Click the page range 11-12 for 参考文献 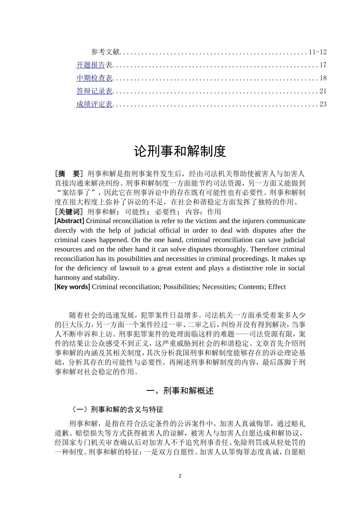tap(318, 52)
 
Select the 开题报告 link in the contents tap(91, 65)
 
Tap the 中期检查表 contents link tap(94, 78)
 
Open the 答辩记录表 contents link tap(94, 91)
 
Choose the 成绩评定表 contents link tap(94, 104)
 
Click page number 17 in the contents tap(323, 65)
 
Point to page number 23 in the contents tap(323, 104)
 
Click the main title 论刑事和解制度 tap(180, 151)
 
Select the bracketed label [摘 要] tap(69, 174)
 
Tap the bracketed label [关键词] tap(69, 212)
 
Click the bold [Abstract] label tap(69, 221)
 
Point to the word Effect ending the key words tap(277, 287)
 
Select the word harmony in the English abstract tap(67, 277)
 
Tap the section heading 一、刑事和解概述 tap(180, 391)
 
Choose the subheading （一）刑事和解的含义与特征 tap(117, 409)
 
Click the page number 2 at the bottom tap(180, 476)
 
